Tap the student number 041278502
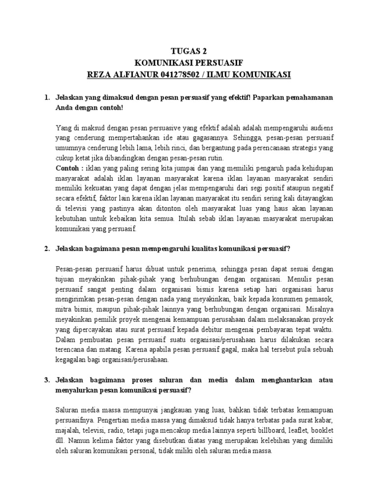(x=182, y=74)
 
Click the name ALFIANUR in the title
(x=135, y=74)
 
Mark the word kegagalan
(x=72, y=359)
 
